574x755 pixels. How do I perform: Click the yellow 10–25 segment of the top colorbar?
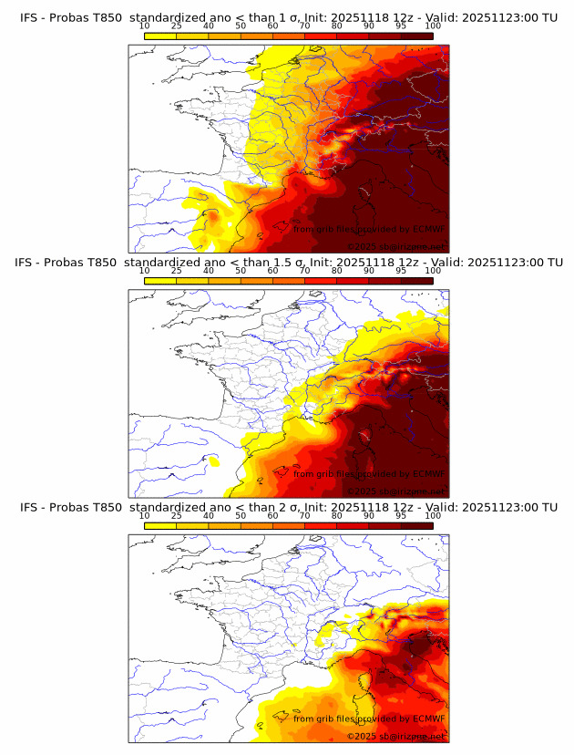(x=160, y=35)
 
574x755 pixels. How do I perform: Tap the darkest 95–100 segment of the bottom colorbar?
(x=417, y=526)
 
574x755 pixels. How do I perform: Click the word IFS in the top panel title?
(x=30, y=16)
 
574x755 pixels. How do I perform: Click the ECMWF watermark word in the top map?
(x=427, y=228)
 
